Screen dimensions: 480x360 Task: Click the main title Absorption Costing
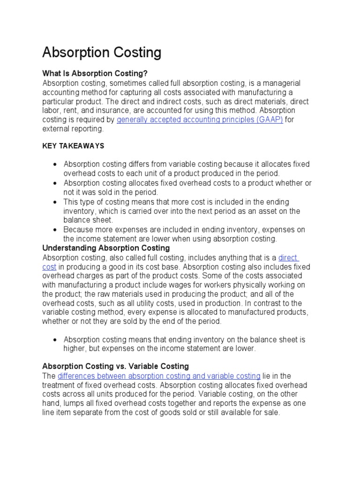pos(102,52)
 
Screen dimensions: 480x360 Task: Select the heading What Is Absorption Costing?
pos(95,74)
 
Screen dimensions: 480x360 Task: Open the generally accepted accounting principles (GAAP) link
pos(199,120)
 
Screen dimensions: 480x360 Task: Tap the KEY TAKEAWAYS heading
pos(73,146)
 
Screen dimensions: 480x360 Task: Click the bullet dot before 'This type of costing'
pos(55,202)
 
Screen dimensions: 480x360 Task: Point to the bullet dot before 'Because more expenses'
pos(55,230)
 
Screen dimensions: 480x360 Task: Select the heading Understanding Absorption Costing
pos(106,247)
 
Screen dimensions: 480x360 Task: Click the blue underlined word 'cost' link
pos(49,266)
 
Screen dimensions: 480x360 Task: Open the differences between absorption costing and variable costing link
pos(159,376)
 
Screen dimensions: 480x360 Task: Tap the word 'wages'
pos(194,285)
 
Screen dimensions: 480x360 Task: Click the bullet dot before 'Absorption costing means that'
pos(55,339)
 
